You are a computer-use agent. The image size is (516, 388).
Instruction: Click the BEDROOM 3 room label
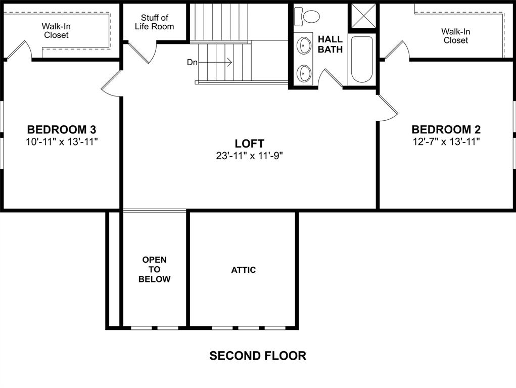pos(62,129)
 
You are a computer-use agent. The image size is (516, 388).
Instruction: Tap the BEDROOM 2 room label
pos(446,129)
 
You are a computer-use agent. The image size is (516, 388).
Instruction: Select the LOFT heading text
pos(249,144)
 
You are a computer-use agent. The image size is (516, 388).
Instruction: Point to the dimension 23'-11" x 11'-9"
pos(249,156)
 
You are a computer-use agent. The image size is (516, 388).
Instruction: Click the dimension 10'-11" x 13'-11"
pos(62,141)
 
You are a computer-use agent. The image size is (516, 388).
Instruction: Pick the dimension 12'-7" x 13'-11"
pos(446,141)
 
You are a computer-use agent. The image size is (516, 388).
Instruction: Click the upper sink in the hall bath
pos(304,45)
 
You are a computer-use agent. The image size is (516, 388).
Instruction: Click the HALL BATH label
pos(330,44)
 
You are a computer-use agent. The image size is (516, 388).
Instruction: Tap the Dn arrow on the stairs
pos(215,63)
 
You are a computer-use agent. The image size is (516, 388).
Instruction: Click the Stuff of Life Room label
pos(154,22)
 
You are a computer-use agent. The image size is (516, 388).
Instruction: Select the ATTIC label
pos(244,270)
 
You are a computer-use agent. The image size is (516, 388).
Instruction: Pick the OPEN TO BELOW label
pos(154,269)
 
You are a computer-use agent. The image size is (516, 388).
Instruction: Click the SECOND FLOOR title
pos(258,356)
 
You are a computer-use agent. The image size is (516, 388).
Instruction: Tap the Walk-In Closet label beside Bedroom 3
pos(56,30)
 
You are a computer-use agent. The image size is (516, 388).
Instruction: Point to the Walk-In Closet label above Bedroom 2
pos(455,36)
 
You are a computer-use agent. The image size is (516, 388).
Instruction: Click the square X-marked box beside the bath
pos(364,15)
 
